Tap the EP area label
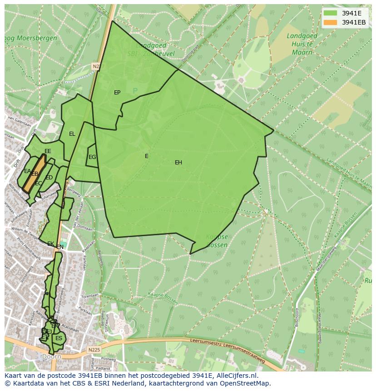[117, 93]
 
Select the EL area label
[72, 134]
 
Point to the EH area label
[178, 163]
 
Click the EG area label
[92, 157]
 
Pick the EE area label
[48, 151]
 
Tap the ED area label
[49, 178]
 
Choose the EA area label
[27, 171]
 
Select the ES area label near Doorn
[59, 338]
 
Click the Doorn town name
[51, 357]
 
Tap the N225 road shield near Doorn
[94, 350]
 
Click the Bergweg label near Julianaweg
[74, 193]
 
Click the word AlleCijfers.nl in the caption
[237, 376]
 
